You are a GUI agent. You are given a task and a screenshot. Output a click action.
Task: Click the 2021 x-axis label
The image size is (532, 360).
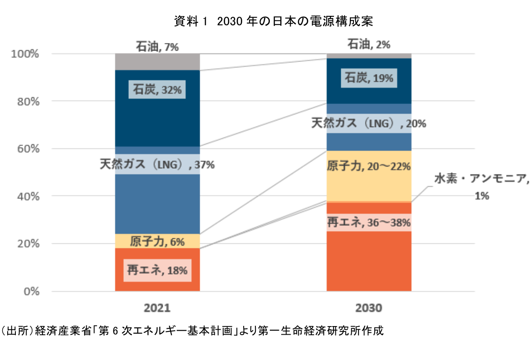[x=157, y=308]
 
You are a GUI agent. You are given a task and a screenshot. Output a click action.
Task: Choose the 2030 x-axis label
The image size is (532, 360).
[x=368, y=308]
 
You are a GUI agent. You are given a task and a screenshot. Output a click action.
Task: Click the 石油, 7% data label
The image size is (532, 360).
[x=157, y=46]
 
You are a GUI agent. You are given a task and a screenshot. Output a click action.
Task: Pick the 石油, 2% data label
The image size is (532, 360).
[x=368, y=44]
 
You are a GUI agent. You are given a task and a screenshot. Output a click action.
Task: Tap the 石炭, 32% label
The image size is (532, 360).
[x=157, y=90]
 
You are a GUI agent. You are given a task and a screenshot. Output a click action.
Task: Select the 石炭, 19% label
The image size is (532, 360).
[x=368, y=78]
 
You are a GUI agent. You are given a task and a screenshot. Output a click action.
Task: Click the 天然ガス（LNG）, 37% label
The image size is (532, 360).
[x=157, y=164]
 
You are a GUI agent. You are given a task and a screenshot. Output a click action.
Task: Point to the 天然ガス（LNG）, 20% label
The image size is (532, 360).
[x=368, y=123]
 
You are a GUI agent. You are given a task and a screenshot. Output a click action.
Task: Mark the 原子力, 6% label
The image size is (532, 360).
[x=157, y=242]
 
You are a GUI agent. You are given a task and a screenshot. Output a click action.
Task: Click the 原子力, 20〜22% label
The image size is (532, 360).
[x=368, y=166]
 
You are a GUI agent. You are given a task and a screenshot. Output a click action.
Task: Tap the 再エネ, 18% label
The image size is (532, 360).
[x=157, y=270]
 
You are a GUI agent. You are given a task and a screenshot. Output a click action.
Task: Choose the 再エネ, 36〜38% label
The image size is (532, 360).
[x=368, y=222]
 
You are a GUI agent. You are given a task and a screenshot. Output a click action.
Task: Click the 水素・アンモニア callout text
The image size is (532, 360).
[x=481, y=179]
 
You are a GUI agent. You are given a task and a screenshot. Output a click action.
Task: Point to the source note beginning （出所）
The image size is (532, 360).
[x=192, y=331]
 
